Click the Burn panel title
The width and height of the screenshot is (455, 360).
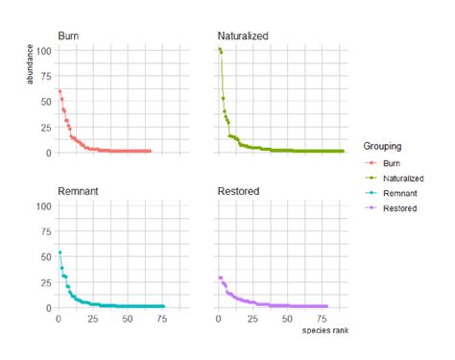pos(69,35)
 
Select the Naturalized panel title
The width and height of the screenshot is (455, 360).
pos(244,35)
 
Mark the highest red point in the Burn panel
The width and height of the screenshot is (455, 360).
pos(60,91)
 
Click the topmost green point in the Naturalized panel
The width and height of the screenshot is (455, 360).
pos(219,49)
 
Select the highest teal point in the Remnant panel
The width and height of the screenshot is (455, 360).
pos(60,252)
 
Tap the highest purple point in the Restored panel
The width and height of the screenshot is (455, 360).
pos(219,277)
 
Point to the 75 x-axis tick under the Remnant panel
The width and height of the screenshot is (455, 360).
pos(161,319)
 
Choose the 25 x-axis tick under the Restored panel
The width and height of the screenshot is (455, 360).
pos(252,319)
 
